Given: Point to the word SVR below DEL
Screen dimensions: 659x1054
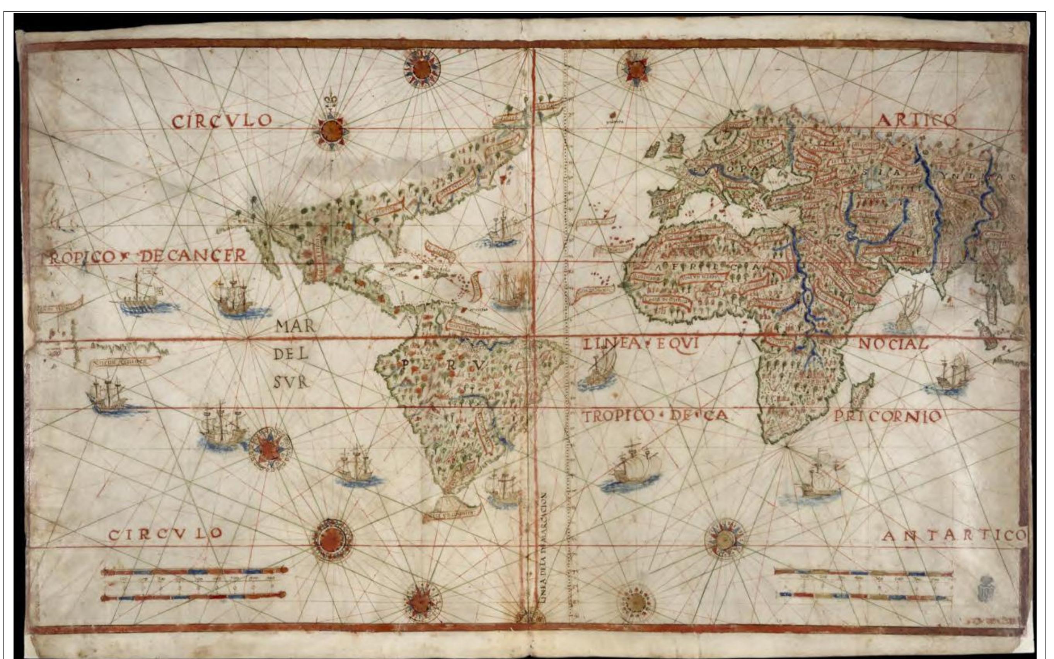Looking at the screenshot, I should [292, 382].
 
